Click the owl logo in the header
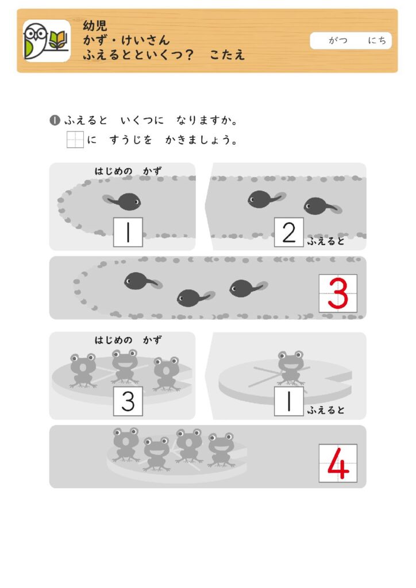[47, 41]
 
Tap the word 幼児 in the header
[95, 25]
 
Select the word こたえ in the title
[228, 55]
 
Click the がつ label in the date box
[338, 40]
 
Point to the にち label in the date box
[376, 40]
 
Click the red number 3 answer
[338, 293]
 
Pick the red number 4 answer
[338, 463]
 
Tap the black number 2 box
[289, 232]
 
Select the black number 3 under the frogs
[128, 401]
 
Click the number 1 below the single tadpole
[128, 232]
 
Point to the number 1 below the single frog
[289, 401]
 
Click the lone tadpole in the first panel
[122, 202]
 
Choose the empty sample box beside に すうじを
[75, 140]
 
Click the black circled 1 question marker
[55, 121]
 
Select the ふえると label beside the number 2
[326, 241]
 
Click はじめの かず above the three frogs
[128, 340]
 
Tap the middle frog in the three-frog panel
[125, 366]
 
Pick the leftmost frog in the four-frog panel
[126, 444]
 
